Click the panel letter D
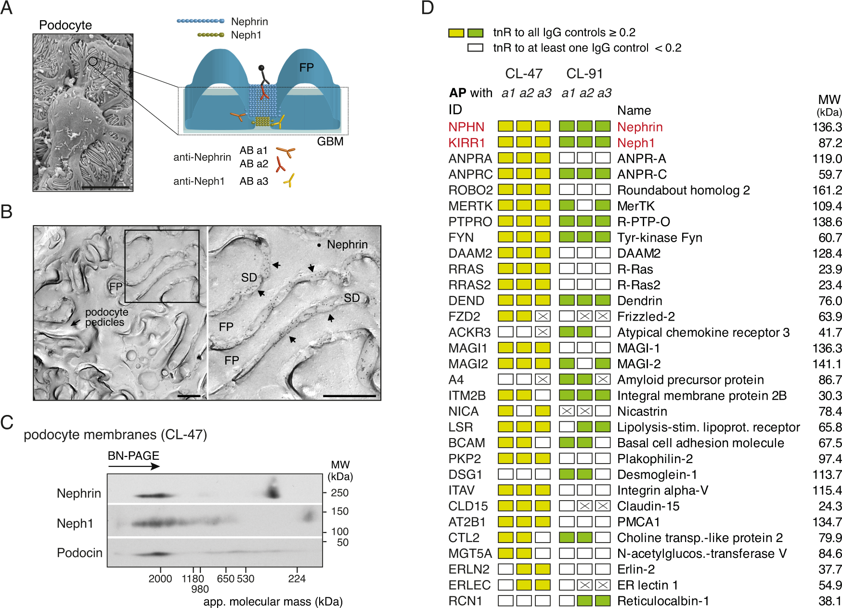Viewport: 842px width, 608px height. [427, 8]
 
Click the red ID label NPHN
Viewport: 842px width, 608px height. [466, 127]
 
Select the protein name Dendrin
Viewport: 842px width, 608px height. [639, 301]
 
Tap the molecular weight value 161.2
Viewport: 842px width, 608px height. [827, 190]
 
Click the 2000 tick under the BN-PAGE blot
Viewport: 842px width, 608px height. [160, 579]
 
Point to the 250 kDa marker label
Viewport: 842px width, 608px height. [339, 493]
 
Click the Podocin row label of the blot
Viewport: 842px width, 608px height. [79, 553]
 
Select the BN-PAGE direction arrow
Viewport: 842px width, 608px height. [134, 466]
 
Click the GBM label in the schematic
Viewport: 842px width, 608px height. [330, 142]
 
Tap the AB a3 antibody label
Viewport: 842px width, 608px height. [254, 181]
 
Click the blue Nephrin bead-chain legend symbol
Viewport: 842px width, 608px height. [200, 21]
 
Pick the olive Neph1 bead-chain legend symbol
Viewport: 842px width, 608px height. [210, 35]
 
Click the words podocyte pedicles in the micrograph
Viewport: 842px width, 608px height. [106, 317]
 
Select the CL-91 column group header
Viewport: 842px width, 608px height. [584, 74]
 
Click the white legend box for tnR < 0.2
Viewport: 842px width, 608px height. [475, 48]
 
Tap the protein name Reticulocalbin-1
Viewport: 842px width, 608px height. [663, 601]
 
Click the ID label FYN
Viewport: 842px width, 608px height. [461, 238]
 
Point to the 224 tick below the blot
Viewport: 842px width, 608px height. [297, 579]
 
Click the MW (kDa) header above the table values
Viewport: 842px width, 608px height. [829, 105]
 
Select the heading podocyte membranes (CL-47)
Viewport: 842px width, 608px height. [115, 435]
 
